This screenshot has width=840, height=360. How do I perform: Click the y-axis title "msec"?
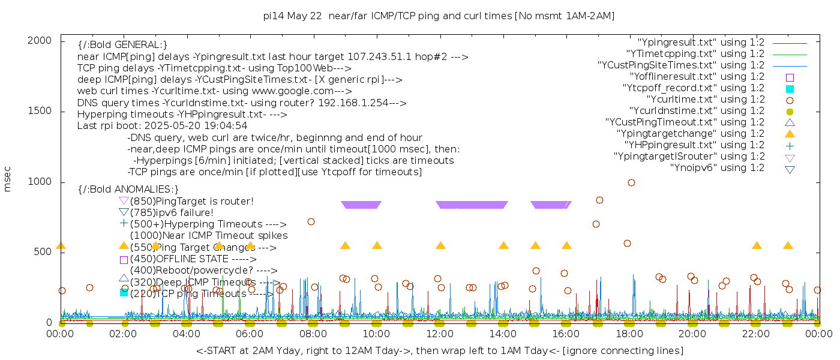(8, 179)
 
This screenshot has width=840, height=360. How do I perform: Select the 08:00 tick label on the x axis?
(313, 334)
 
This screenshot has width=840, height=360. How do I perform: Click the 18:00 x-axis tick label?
(629, 334)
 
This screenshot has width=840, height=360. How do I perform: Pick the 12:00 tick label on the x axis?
(440, 334)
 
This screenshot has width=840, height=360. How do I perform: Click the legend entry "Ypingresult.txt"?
(701, 43)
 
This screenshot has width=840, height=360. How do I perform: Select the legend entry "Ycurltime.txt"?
(705, 100)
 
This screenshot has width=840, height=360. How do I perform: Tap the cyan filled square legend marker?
(790, 89)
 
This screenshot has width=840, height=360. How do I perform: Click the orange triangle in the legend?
(790, 134)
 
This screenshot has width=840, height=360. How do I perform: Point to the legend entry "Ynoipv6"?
(717, 168)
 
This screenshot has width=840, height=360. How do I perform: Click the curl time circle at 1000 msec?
(631, 182)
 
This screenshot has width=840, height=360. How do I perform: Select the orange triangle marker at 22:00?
(757, 245)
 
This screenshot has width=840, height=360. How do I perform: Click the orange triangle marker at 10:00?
(377, 245)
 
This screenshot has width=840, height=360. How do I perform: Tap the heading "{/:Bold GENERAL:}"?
(122, 45)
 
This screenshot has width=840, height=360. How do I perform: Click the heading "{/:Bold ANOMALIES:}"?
(128, 190)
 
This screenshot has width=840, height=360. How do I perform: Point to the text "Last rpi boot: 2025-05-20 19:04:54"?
(162, 126)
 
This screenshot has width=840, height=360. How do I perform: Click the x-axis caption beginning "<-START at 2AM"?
(439, 350)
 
